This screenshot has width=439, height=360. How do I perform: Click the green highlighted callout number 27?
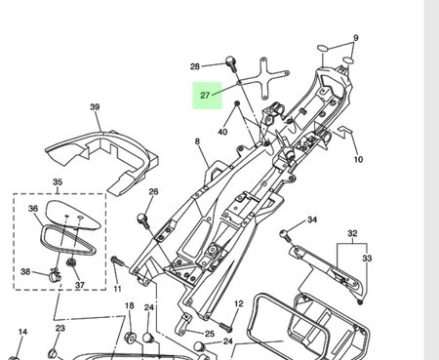point(205,96)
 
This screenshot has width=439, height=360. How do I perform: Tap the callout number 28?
point(195,66)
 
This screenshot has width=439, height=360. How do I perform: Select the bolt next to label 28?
point(231,63)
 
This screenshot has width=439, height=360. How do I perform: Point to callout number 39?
point(95,107)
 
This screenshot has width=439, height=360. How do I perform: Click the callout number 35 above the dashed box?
point(58,181)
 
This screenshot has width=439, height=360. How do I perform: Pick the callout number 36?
point(33,209)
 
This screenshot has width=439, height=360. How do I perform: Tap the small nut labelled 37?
point(70,261)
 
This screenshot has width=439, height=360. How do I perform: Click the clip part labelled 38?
point(55,275)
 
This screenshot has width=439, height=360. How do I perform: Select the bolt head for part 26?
point(141,218)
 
